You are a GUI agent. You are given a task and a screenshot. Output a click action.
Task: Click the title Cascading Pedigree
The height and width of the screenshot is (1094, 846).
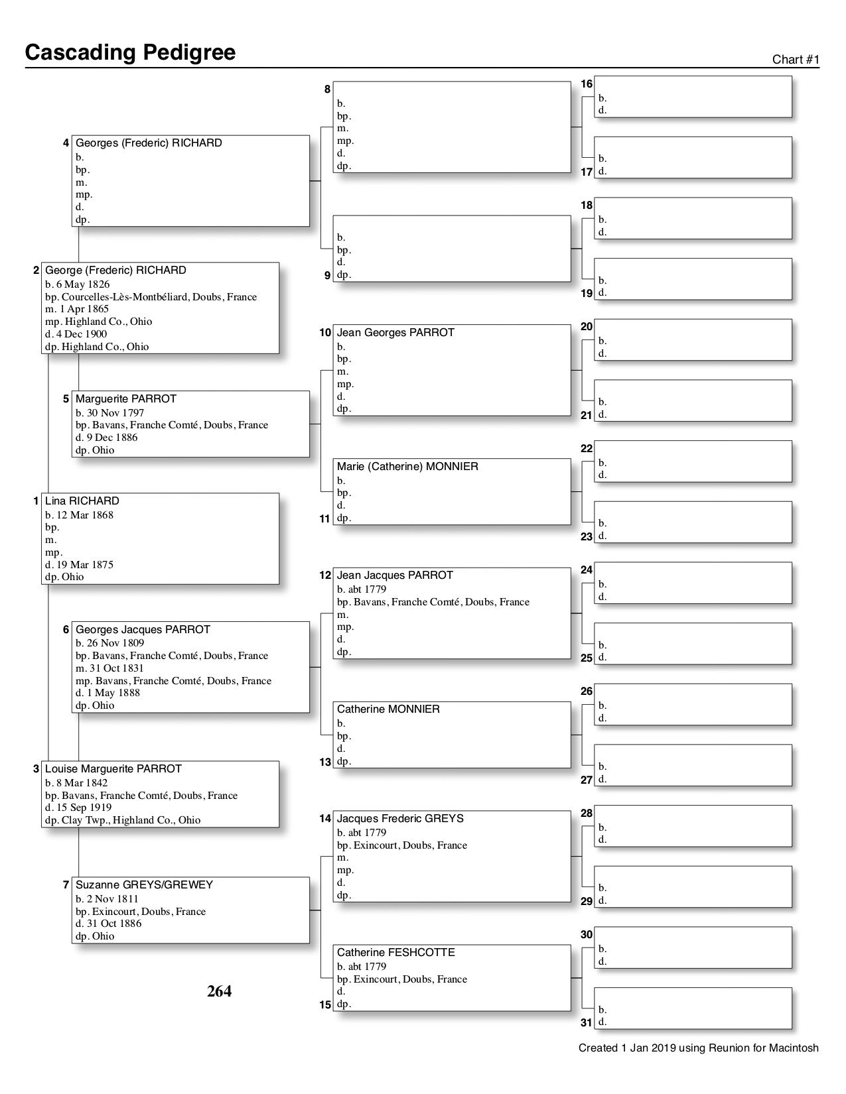[x=130, y=52]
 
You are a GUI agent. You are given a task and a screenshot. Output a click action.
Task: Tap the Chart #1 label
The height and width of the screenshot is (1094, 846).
[x=796, y=60]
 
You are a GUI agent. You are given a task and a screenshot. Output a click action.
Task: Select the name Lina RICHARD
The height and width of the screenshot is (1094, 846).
[x=82, y=501]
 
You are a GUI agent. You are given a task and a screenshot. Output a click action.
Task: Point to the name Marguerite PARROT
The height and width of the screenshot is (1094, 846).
[x=126, y=399]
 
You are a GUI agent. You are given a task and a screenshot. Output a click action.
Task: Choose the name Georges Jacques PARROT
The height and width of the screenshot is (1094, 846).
[x=143, y=630]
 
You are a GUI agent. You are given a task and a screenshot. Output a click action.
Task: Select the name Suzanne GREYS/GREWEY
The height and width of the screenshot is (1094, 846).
[x=144, y=885]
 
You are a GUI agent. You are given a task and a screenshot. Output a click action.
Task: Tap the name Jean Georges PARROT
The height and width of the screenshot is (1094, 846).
[x=395, y=333]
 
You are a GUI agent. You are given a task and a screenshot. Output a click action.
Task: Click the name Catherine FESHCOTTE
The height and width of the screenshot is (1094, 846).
[x=395, y=953]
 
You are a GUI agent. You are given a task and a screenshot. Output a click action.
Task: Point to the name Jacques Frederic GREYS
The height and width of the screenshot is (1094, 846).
[x=400, y=819]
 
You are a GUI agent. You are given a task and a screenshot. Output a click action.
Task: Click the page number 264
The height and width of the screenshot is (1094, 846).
[x=220, y=991]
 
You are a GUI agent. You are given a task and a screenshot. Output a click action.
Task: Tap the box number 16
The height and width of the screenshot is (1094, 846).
[x=587, y=84]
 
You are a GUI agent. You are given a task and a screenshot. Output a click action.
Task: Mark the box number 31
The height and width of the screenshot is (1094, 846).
[x=587, y=1023]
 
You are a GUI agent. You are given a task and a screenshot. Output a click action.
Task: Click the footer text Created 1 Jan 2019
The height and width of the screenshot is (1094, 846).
[x=698, y=1048]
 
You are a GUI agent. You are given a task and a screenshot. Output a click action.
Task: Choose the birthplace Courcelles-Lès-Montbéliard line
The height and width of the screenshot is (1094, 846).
[x=151, y=297]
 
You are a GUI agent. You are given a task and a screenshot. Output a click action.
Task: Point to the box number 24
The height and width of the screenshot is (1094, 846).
[x=587, y=570]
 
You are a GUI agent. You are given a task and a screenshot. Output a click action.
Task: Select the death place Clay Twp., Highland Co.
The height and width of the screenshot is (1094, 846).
[x=123, y=820]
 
